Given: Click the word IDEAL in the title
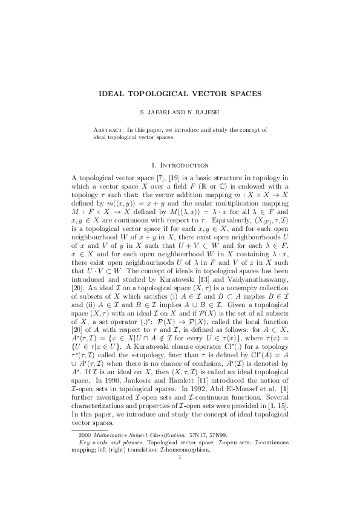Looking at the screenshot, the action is click(x=114, y=94).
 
